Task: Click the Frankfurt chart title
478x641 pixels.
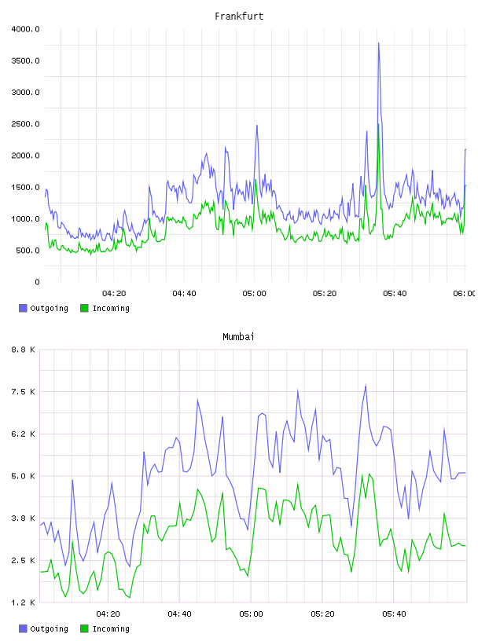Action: point(239,16)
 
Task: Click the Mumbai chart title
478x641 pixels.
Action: point(238,337)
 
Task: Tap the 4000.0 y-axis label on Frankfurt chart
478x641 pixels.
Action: point(25,29)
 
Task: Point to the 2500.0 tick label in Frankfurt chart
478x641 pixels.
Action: point(25,124)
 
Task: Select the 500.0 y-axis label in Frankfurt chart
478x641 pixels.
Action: point(28,250)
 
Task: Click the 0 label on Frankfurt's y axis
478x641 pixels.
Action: point(37,282)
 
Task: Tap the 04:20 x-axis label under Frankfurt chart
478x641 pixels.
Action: point(114,294)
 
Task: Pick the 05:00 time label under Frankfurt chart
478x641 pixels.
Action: point(254,294)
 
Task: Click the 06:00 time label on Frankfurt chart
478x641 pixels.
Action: point(464,294)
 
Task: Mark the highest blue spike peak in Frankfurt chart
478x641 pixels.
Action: point(379,43)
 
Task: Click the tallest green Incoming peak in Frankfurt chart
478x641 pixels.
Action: point(379,124)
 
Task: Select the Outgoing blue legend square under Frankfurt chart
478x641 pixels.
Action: point(23,308)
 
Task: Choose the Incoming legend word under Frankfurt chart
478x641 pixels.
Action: point(111,309)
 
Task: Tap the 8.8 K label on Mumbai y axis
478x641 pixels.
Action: point(23,350)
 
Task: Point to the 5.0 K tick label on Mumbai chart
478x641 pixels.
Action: point(23,476)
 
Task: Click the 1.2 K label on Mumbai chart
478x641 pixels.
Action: point(23,603)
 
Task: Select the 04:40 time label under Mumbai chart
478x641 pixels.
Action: point(180,614)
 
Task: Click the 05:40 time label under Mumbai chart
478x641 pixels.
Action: point(394,614)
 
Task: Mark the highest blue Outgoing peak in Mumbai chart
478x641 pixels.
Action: point(366,385)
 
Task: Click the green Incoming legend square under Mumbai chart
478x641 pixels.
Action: point(84,628)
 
